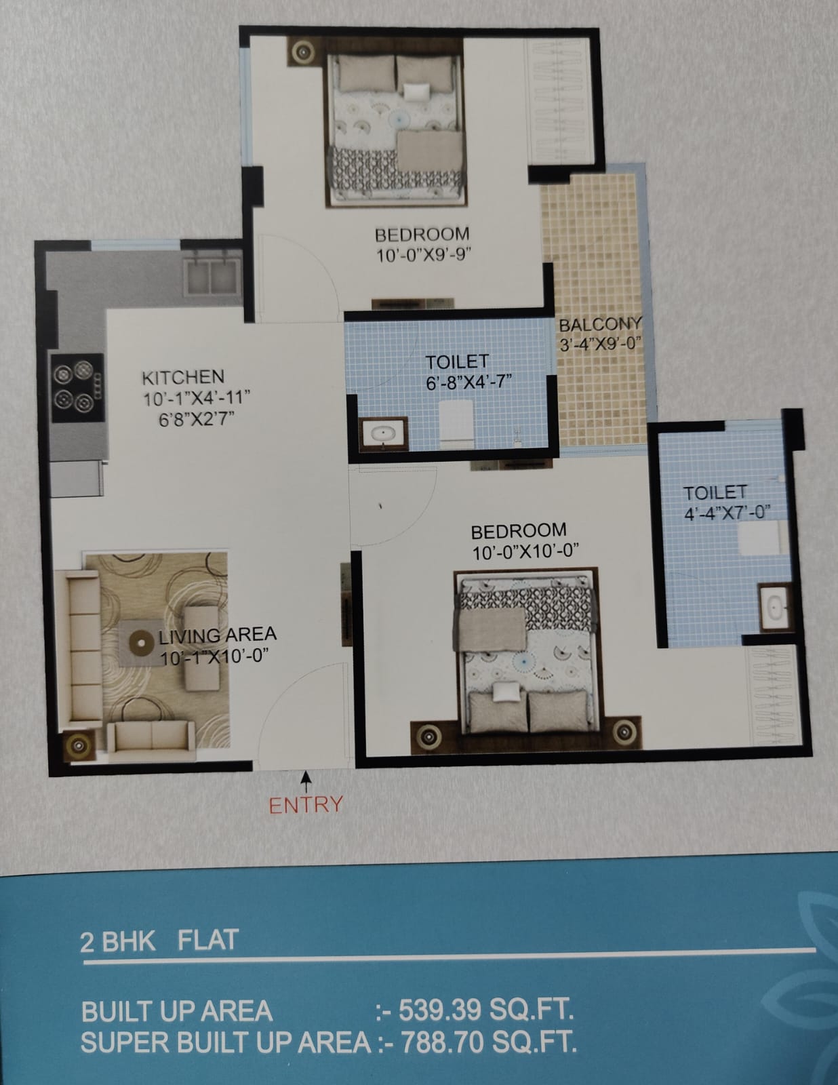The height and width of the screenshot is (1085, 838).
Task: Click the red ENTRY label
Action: [x=306, y=804]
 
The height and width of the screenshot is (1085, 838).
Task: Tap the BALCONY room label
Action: [x=600, y=325]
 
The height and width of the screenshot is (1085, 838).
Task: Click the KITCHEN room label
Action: [x=183, y=377]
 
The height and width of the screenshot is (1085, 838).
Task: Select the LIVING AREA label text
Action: [x=218, y=635]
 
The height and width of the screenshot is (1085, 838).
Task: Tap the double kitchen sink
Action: [x=212, y=277]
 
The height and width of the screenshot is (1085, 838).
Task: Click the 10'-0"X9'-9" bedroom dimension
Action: [x=424, y=255]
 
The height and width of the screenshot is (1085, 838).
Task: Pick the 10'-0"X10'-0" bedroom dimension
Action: [x=525, y=552]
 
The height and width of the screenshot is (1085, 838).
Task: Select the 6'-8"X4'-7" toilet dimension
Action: [x=469, y=382]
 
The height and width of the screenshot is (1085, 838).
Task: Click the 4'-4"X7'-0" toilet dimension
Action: [x=727, y=512]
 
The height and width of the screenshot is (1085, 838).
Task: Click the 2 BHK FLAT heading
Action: [x=159, y=941]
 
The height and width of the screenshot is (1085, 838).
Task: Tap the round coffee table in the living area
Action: [x=141, y=643]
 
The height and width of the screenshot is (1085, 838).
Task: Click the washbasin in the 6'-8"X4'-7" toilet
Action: [x=383, y=433]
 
